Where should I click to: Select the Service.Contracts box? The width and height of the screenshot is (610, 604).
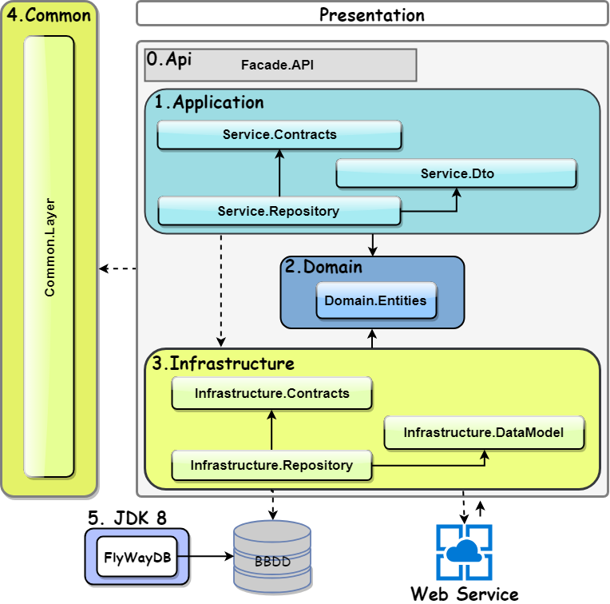click(x=279, y=135)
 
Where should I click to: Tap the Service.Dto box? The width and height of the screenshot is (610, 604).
click(x=456, y=173)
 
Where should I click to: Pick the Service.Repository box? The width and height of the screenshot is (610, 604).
click(x=279, y=212)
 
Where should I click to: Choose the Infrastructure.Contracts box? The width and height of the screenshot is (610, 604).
click(x=271, y=394)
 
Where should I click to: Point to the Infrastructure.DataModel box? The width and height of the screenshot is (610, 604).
click(x=484, y=433)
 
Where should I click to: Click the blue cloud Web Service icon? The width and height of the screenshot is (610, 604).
click(x=464, y=552)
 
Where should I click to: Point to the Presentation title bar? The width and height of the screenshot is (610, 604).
click(x=371, y=14)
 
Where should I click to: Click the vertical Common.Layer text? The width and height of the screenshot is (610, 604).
click(x=50, y=254)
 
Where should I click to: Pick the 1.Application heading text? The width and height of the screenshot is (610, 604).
click(x=209, y=102)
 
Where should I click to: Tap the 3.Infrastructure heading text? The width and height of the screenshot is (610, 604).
click(x=224, y=364)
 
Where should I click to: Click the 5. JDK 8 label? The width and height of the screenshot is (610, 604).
click(x=127, y=518)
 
